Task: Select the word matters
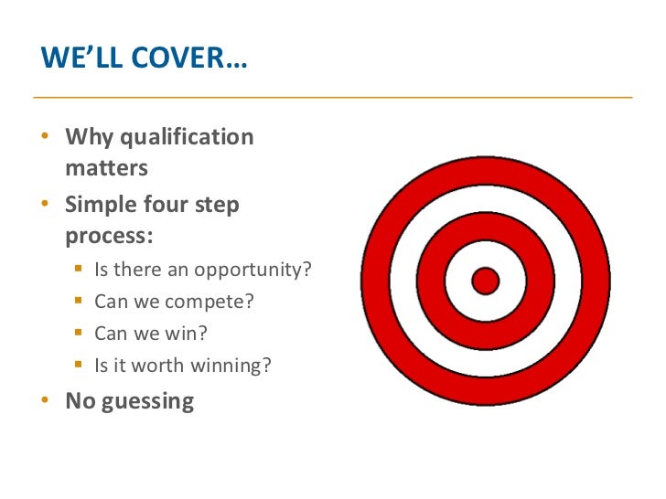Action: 106,168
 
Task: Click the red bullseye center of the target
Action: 485,281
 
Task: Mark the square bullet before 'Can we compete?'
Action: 79,301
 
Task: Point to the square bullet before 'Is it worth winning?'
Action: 79,366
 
